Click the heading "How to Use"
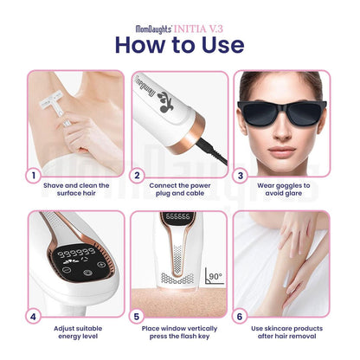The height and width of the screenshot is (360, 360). [x=179, y=42]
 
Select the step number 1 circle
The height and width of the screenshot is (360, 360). [x=35, y=176]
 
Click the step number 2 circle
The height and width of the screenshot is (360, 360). [x=137, y=176]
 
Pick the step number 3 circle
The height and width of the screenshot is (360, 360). [x=240, y=176]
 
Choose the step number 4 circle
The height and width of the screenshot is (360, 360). [x=35, y=317]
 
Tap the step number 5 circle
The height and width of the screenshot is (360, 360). [x=137, y=317]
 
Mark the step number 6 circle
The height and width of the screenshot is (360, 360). [x=240, y=317]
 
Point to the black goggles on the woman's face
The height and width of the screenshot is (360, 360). [x=281, y=112]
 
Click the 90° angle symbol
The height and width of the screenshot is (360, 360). [x=212, y=279]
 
